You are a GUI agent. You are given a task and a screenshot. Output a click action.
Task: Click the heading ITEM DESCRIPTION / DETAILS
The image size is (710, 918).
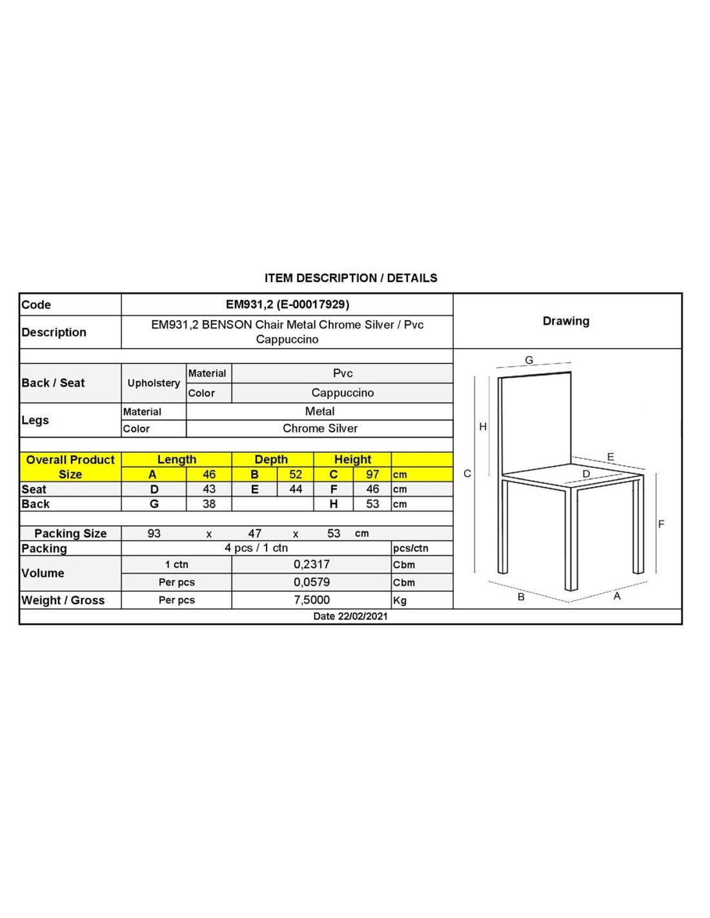pos(350,278)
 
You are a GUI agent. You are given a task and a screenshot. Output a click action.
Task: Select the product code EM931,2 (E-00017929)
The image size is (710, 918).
pos(287,305)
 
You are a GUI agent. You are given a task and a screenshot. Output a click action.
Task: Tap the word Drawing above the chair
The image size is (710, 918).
pos(566,321)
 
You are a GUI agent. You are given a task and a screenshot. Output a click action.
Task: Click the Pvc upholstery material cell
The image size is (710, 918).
pos(343,373)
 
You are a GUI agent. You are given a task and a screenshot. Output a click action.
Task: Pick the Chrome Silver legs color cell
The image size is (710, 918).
pos(319,428)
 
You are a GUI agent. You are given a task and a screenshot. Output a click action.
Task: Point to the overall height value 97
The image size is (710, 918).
pos(372,474)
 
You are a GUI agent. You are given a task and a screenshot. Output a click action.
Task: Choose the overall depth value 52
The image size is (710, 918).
pos(296,474)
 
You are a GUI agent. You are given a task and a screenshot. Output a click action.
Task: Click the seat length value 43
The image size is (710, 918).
pos(209,489)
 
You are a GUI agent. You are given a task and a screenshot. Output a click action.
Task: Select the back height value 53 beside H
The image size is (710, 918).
pos(372,504)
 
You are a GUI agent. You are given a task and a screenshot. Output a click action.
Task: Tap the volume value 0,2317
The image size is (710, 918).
pos(312,564)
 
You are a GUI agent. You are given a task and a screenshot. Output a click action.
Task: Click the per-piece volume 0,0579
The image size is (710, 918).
pos(312,582)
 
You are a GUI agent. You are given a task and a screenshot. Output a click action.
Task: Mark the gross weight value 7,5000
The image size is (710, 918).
pos(312,600)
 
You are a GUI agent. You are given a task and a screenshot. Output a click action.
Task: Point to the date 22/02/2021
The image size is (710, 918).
pos(350,617)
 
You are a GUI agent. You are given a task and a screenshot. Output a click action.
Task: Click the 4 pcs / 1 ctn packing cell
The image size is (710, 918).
pos(256,548)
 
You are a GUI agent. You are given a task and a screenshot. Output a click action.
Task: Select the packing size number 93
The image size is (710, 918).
pos(154,533)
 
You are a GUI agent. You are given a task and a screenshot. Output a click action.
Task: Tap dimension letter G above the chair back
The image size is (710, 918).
pos(529,360)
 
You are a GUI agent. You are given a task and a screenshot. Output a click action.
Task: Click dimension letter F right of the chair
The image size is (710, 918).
pos(661,524)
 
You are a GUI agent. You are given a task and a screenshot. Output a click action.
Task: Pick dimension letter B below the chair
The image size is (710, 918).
pos(522,597)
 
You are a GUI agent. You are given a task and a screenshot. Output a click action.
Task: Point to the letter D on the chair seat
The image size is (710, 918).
pos(586,474)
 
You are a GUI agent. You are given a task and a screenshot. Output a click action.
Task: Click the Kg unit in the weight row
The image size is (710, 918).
pos(400,600)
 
